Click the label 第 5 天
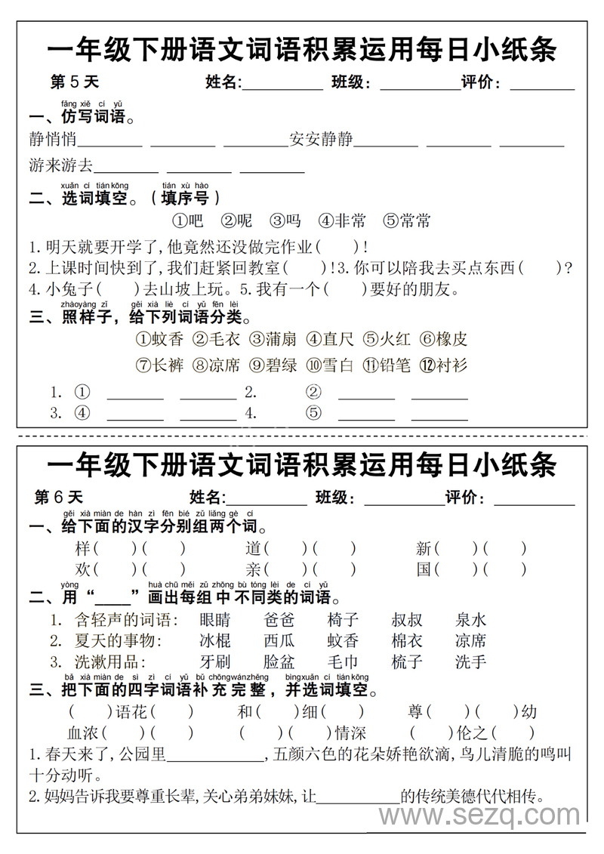(74, 82)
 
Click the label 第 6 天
(59, 497)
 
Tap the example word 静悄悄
(53, 139)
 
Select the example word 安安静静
(321, 139)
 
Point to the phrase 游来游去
(61, 165)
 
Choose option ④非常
(342, 220)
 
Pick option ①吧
(188, 220)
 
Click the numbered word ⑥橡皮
(444, 339)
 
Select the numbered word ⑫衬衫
(444, 365)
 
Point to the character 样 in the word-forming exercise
(83, 548)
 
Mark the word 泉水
(471, 620)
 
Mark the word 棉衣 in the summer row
(407, 641)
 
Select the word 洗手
(471, 662)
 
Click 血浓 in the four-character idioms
(83, 732)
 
